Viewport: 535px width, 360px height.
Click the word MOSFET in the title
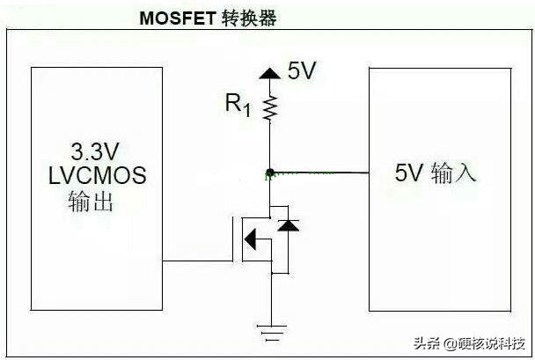point(178,18)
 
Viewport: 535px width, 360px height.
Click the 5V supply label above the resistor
point(301,71)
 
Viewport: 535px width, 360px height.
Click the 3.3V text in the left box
point(94,148)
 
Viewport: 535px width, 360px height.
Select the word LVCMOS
point(97,175)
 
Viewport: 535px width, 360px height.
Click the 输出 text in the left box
point(91,202)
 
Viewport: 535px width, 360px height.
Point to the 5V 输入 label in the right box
point(436,173)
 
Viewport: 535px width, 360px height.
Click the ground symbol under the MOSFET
point(271,332)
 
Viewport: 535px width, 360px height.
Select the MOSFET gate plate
point(236,238)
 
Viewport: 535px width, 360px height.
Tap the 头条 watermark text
point(427,342)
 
